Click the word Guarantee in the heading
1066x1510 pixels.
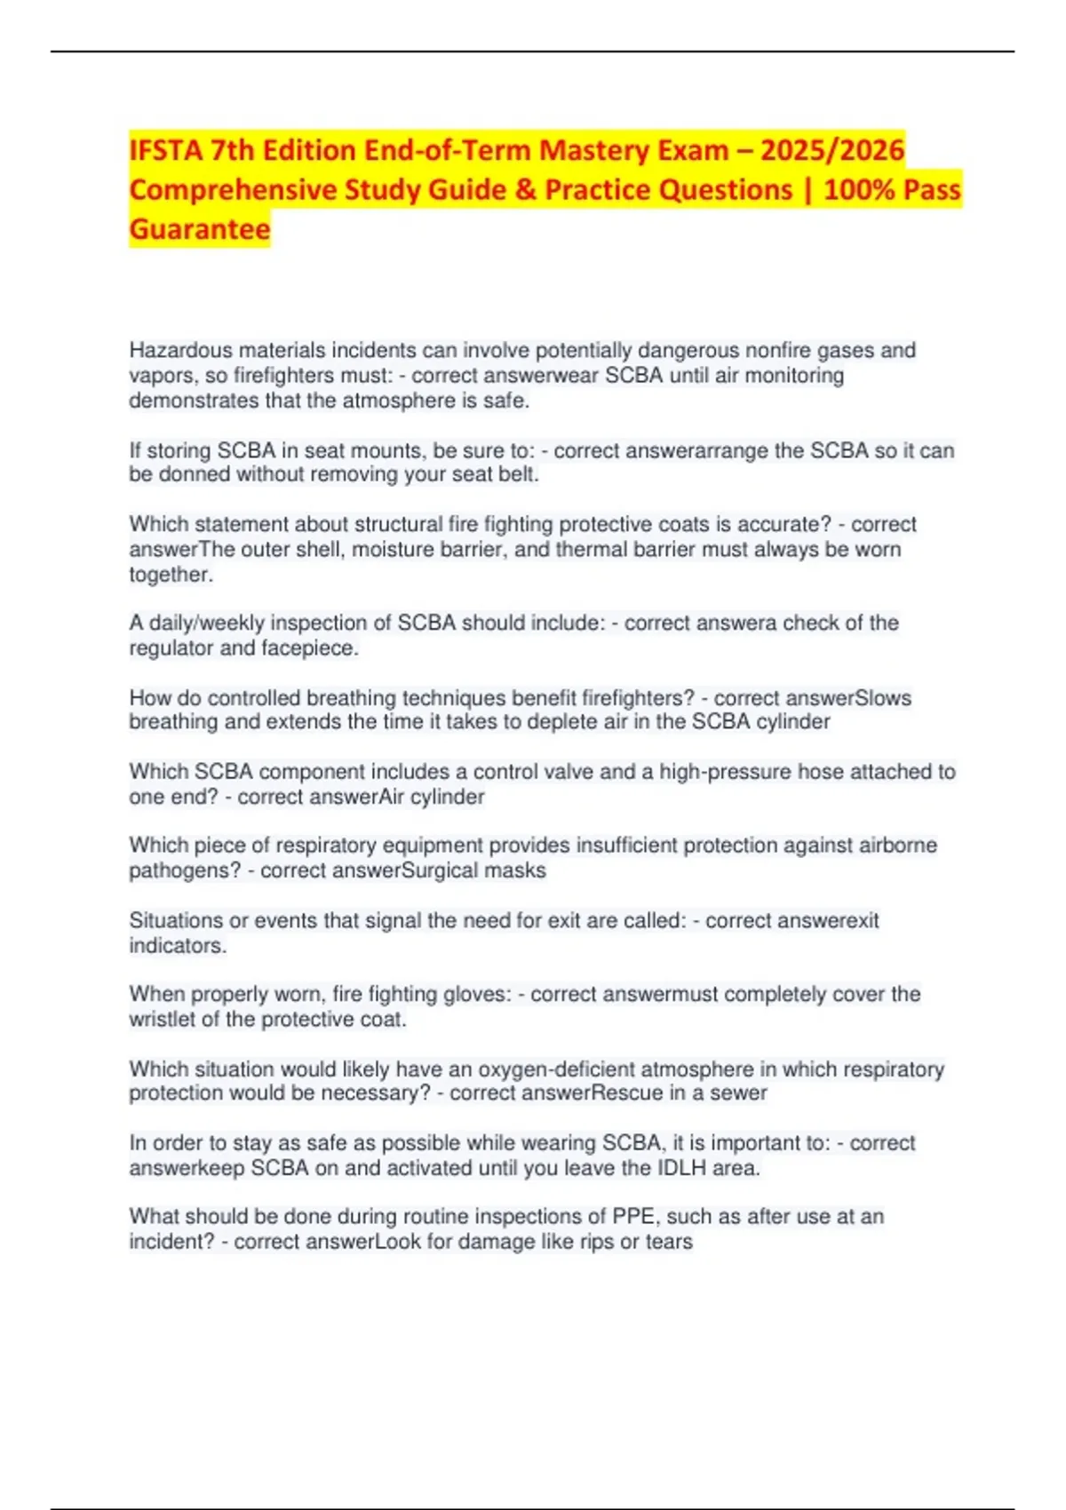click(200, 229)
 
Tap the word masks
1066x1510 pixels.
click(515, 870)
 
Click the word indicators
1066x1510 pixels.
click(178, 946)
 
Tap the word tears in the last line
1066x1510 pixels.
click(669, 1242)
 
